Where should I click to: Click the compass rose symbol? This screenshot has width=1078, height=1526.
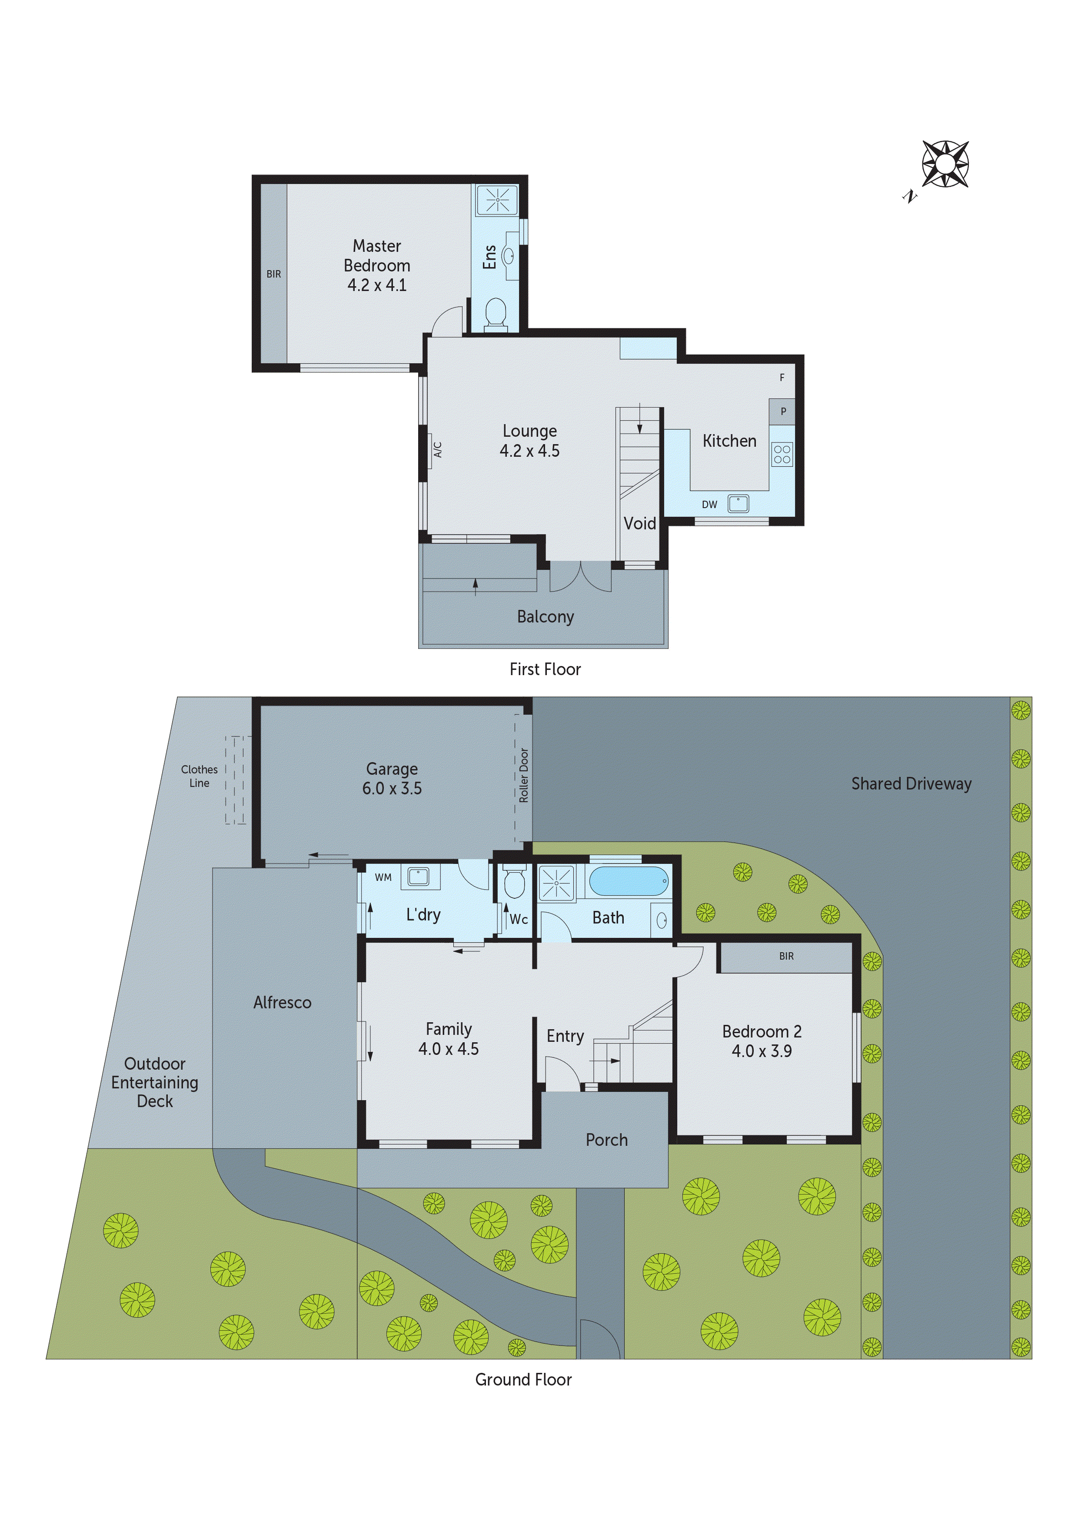coord(945,164)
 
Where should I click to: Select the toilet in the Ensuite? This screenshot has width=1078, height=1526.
coord(496,314)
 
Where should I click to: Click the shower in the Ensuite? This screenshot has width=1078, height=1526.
coord(497,199)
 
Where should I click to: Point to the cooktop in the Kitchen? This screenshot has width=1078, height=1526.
coord(782,455)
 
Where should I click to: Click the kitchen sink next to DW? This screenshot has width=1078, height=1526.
coord(738,503)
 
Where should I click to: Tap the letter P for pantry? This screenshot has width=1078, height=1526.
coord(783,412)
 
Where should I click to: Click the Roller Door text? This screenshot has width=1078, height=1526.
coord(523,775)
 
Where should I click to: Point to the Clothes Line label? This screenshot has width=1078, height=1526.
coord(199,776)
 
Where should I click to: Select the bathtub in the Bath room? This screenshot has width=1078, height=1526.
coord(629,881)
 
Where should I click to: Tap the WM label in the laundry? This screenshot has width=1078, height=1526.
coord(383,877)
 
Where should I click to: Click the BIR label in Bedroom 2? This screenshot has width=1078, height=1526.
coord(786,956)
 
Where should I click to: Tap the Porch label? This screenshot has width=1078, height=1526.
coord(606,1140)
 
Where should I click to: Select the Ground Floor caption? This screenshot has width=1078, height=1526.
coord(523,1379)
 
